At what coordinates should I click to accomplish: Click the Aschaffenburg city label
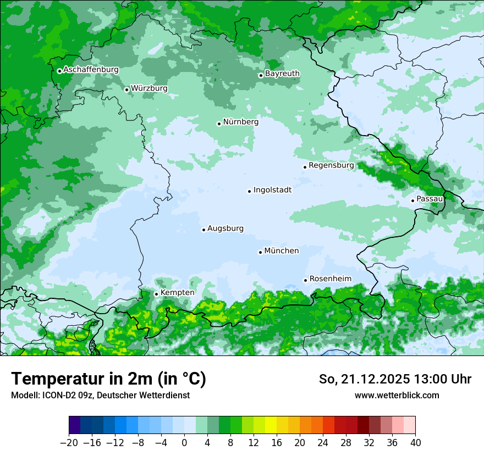point(91,70)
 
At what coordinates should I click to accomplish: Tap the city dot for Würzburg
point(127,90)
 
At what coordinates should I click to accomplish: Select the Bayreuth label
point(282,74)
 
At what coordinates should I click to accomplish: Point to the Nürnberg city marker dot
point(219,124)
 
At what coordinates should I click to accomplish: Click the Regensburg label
point(331,165)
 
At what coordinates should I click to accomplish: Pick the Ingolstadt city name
point(272,190)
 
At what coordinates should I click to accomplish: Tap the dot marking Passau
point(413,201)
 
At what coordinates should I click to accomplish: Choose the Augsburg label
point(226,229)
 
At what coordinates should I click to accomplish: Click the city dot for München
point(260,252)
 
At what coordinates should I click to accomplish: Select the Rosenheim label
point(330,279)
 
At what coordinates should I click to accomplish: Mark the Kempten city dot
point(156,294)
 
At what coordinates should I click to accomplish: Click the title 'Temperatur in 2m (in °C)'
point(108,379)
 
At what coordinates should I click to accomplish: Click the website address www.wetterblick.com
point(397,395)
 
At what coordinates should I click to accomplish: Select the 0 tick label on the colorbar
point(184,442)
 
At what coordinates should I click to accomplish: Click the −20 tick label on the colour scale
point(69,442)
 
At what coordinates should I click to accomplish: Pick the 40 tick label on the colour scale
point(415,442)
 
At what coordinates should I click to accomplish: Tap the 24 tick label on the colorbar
point(323,442)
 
